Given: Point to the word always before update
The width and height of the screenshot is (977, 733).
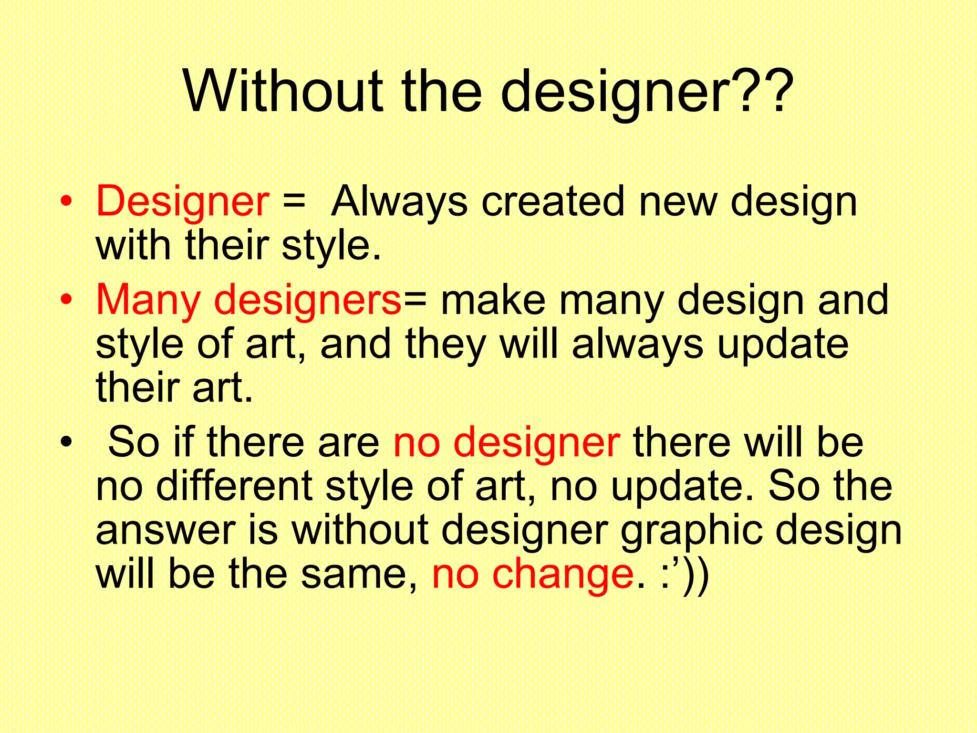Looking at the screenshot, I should (638, 345).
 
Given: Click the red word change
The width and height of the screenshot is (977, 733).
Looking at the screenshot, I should (563, 574).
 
